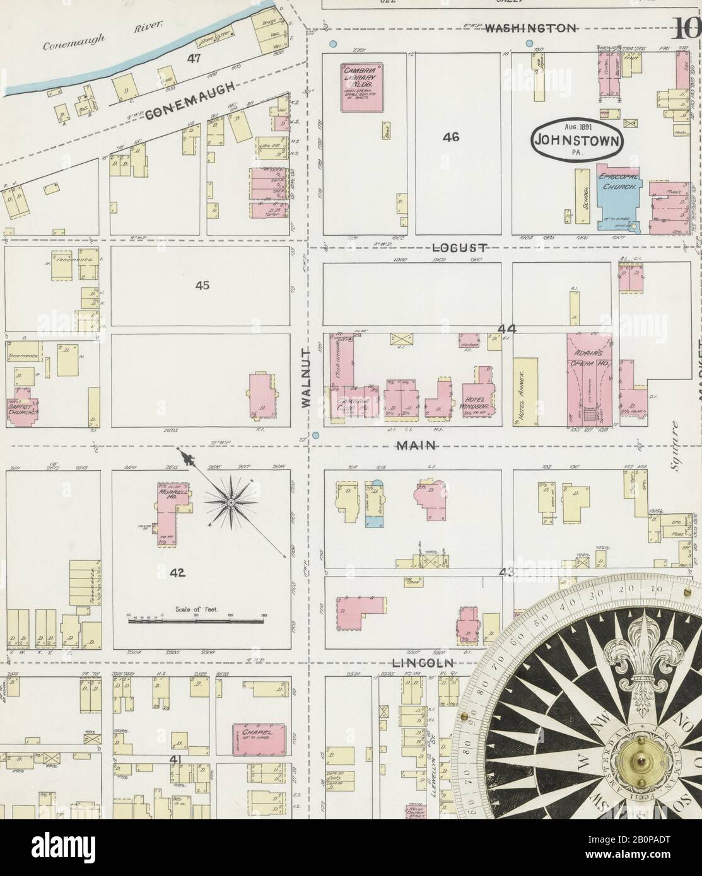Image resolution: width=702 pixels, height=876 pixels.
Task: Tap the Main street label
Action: click(416, 446)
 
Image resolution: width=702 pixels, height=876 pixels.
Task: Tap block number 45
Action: click(202, 285)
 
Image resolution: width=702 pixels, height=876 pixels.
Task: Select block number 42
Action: click(177, 572)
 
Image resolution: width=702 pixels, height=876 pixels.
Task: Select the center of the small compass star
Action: click(231, 502)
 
